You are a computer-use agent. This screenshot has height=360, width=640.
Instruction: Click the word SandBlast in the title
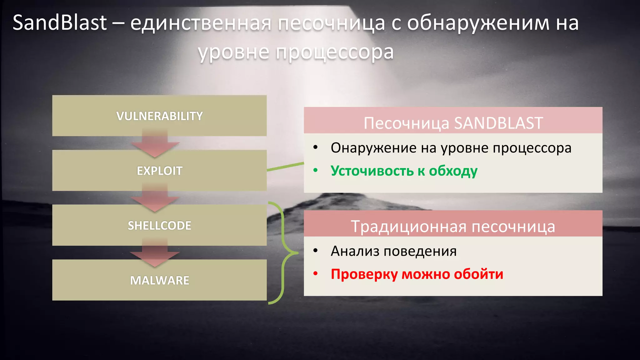[x=59, y=23]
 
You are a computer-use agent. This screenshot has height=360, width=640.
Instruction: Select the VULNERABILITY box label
[x=159, y=116]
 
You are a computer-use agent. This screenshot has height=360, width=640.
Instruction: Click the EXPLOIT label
[x=159, y=171]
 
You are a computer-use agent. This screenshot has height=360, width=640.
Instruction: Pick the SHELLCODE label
[x=159, y=226]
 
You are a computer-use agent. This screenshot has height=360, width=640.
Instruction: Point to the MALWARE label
[x=159, y=280]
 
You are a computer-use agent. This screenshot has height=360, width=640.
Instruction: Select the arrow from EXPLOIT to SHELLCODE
[x=155, y=200]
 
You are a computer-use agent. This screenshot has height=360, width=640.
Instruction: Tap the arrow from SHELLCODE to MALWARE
[x=155, y=255]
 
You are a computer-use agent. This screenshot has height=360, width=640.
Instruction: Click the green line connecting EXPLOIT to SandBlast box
[x=285, y=167]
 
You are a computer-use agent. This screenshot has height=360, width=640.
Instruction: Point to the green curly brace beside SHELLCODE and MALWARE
[x=283, y=253]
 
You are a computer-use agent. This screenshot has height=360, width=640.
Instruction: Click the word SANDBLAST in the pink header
[x=498, y=123]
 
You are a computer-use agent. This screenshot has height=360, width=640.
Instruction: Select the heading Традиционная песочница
[x=453, y=227]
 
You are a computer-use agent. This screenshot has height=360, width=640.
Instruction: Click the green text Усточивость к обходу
[x=404, y=171]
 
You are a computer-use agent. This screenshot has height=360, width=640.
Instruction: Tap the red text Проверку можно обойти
[x=417, y=274]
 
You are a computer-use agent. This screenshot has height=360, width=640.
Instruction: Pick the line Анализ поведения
[x=393, y=251]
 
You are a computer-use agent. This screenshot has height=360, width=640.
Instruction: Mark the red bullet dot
[x=315, y=274]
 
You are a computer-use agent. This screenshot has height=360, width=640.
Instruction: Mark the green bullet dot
[x=315, y=170]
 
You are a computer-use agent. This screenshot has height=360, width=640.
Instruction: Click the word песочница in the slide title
[x=331, y=23]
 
